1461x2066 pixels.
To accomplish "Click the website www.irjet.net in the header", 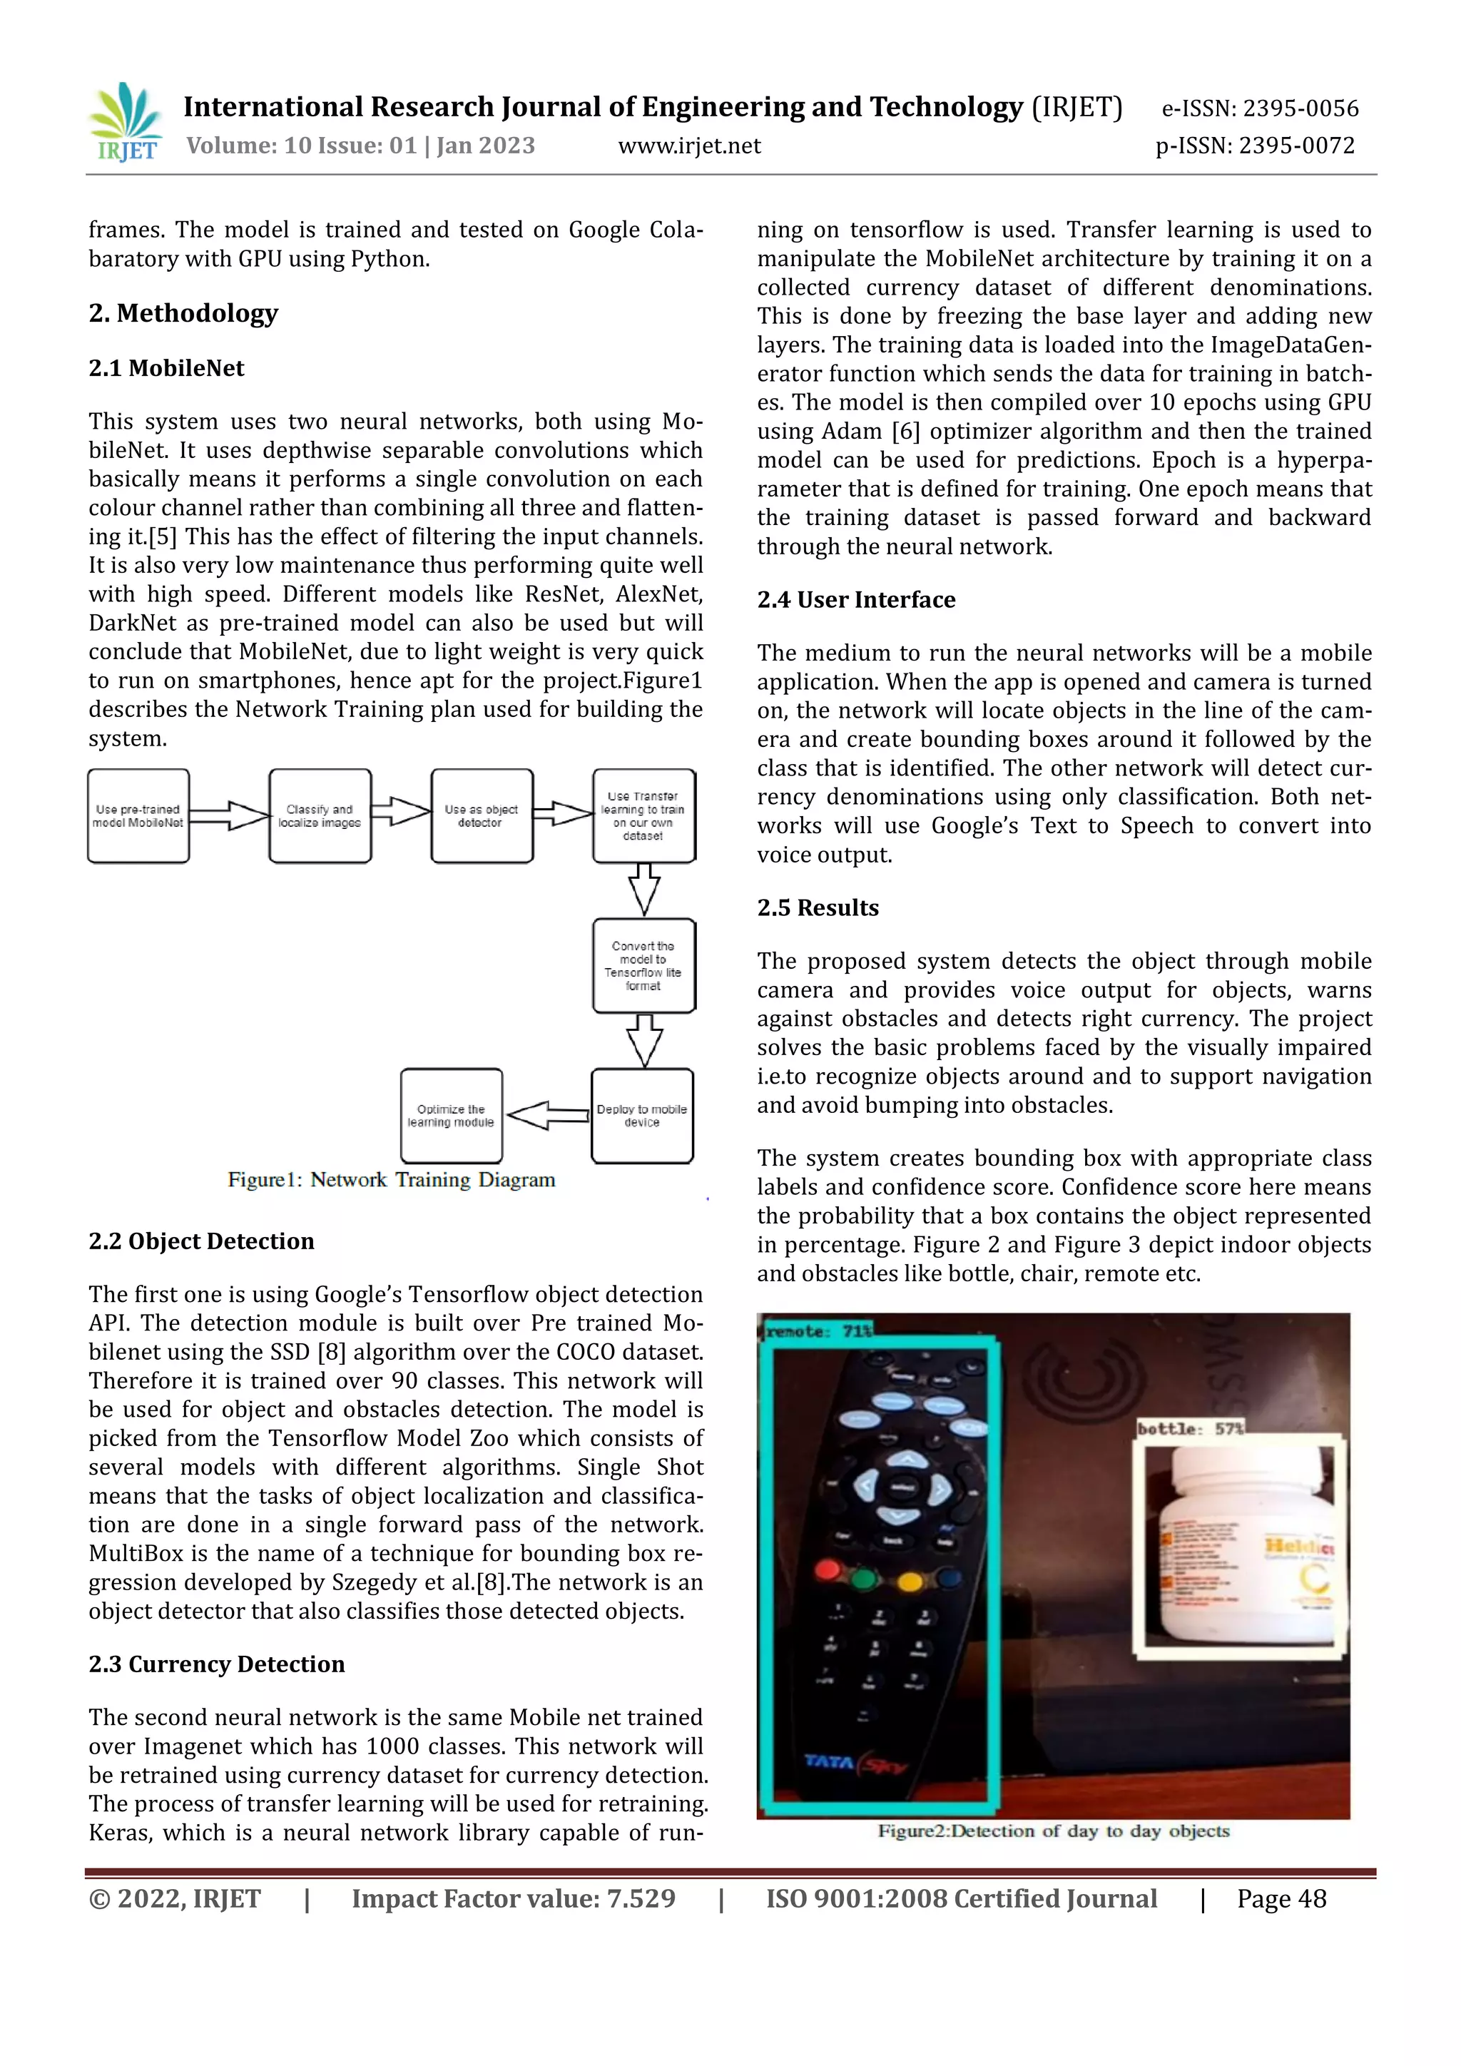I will (689, 146).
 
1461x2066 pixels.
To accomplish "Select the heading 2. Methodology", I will (183, 313).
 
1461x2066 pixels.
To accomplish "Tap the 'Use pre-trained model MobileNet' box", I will (138, 816).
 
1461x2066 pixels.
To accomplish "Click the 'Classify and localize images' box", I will (320, 816).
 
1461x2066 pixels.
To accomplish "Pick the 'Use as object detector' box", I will (482, 816).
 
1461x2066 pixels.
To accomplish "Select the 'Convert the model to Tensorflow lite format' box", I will (643, 965).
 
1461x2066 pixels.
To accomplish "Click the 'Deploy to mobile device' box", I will (641, 1116).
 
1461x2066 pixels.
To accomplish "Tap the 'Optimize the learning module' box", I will (451, 1116).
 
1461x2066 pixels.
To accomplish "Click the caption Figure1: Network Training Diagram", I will (392, 1180).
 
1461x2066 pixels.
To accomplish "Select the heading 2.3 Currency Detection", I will (217, 1664).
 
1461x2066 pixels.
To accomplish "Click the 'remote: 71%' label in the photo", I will (818, 1330).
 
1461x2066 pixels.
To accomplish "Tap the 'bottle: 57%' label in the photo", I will (1190, 1428).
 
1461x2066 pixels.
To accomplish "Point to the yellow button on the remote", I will (910, 1581).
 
